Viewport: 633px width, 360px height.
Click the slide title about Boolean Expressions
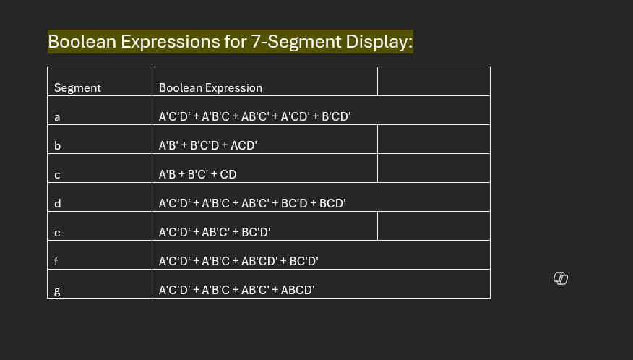point(230,42)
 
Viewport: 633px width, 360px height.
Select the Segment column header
point(77,88)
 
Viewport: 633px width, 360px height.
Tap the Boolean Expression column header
point(210,88)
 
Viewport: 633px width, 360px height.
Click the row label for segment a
point(57,117)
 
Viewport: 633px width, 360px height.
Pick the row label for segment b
point(57,146)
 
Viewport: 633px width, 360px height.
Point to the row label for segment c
point(57,175)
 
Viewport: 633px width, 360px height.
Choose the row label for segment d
point(57,204)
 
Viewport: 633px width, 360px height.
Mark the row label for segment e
point(57,233)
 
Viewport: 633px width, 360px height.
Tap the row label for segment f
point(56,262)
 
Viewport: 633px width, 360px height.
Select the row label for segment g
point(57,291)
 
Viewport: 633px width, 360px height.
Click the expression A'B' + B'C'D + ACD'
point(207,146)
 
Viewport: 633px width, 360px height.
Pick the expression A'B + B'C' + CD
point(197,175)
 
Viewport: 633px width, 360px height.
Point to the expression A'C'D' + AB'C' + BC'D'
point(214,233)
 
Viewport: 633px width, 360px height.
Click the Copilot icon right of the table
point(561,278)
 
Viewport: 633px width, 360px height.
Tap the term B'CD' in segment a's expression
point(336,117)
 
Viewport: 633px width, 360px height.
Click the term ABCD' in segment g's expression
point(298,291)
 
